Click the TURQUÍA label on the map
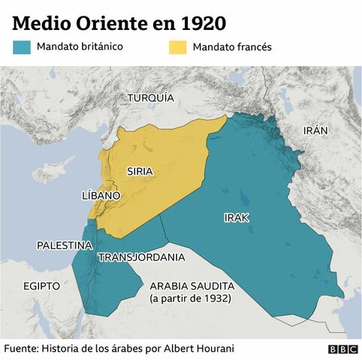pyautogui.click(x=150, y=98)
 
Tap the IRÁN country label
pyautogui.click(x=315, y=130)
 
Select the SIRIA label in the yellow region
pyautogui.click(x=140, y=171)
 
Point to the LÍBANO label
pyautogui.click(x=100, y=195)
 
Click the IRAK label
pyautogui.click(x=236, y=217)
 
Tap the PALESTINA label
pyautogui.click(x=65, y=245)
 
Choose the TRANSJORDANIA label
pyautogui.click(x=141, y=257)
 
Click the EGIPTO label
pyautogui.click(x=41, y=286)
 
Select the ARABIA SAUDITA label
pyautogui.click(x=192, y=286)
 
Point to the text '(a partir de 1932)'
pyautogui.click(x=190, y=299)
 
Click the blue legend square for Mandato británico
pyautogui.click(x=22, y=47)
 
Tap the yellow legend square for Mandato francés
pyautogui.click(x=176, y=47)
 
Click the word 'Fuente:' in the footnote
pyautogui.click(x=21, y=349)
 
